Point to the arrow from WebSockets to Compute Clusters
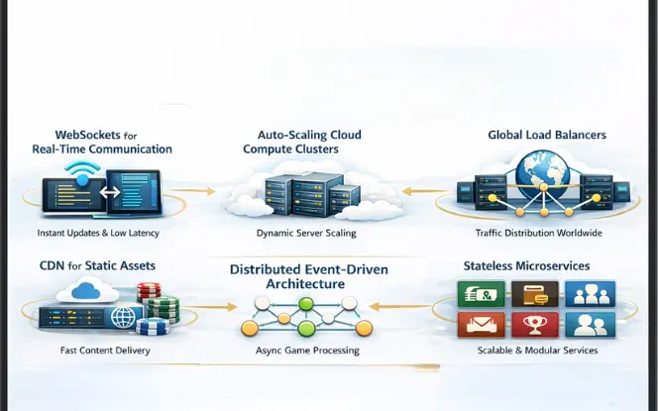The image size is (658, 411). point(202,192)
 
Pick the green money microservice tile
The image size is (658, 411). point(481,293)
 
